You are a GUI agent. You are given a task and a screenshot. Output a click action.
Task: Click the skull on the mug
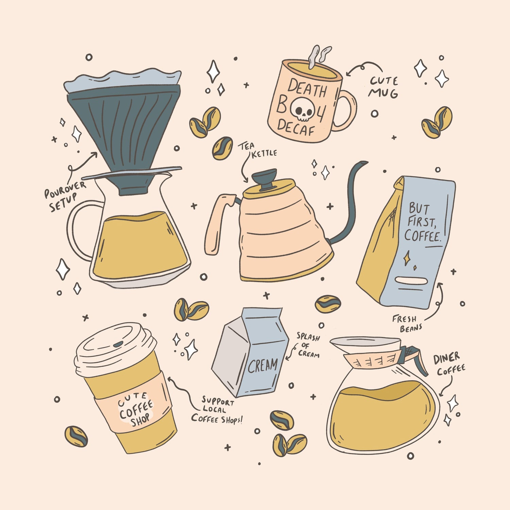(303, 110)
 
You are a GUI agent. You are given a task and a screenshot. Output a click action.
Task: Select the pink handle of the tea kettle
(218, 223)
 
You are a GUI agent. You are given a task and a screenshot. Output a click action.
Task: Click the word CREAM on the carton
(262, 365)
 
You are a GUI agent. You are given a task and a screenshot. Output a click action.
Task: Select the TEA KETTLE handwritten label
(257, 150)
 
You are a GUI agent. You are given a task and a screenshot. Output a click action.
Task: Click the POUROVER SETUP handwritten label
(66, 196)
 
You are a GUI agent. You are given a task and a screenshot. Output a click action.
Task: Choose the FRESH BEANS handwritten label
(407, 323)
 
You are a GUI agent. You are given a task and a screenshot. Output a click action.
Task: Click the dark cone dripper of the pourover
(124, 136)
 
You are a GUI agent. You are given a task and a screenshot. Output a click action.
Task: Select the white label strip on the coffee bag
(411, 281)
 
